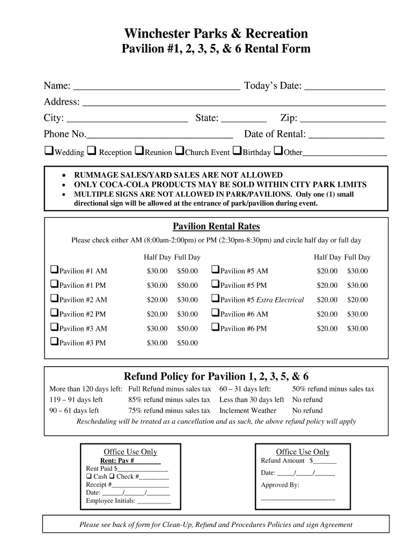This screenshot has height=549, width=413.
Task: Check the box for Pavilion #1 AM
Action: (54, 270)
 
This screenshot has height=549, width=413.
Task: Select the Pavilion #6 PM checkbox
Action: (215, 328)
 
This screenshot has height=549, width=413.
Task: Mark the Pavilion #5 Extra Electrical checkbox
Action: (215, 299)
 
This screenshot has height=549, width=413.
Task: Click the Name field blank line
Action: (156, 87)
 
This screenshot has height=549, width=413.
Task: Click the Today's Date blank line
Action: (344, 87)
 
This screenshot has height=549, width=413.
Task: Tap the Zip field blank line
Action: (343, 119)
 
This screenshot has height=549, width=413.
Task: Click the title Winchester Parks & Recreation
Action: (216, 34)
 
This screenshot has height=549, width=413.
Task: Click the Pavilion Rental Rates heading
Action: (216, 227)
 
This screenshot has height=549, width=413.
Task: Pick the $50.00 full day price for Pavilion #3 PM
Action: (188, 343)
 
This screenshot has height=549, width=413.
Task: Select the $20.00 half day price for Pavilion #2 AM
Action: (157, 300)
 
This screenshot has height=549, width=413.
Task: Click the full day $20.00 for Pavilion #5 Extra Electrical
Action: (357, 300)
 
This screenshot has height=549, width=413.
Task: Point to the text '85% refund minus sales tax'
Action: (169, 400)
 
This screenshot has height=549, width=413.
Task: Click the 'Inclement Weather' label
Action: (248, 411)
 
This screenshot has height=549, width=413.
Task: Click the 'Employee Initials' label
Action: (110, 501)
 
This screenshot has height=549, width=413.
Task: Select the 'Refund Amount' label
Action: (283, 461)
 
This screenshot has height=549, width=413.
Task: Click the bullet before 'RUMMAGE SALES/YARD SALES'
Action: (64, 175)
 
